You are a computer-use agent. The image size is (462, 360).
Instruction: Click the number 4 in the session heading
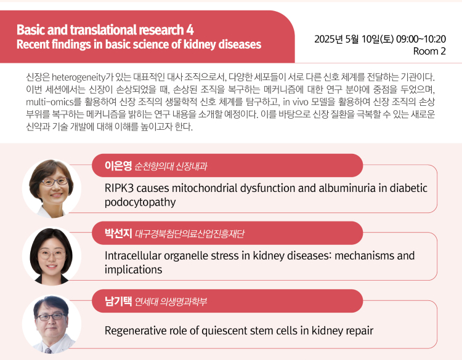point(190,30)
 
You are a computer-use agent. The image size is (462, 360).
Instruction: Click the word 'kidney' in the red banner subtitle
point(200,44)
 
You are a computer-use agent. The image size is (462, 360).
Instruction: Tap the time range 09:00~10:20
point(421,39)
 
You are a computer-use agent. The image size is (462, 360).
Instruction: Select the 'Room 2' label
point(429,51)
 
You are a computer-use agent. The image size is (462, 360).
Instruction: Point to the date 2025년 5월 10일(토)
point(354,39)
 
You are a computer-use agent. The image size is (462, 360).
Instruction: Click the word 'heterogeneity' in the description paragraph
point(79,77)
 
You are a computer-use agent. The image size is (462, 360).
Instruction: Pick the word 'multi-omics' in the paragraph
point(49,102)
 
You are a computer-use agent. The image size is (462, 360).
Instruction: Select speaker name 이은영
point(118,166)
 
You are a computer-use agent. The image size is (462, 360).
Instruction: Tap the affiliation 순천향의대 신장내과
point(171,166)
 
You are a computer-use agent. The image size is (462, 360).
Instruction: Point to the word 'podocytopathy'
point(140,202)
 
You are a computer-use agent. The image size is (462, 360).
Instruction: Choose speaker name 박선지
point(118,233)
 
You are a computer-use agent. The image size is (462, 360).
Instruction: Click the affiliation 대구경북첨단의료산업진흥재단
point(190,234)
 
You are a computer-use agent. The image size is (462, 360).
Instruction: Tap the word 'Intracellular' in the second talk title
point(132,255)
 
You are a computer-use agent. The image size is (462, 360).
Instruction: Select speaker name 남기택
point(118,301)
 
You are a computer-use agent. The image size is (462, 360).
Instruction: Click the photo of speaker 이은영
point(52,188)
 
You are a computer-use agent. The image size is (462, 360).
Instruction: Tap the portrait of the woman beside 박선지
point(52,256)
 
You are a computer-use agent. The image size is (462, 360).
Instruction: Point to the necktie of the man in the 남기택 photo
point(48,351)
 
